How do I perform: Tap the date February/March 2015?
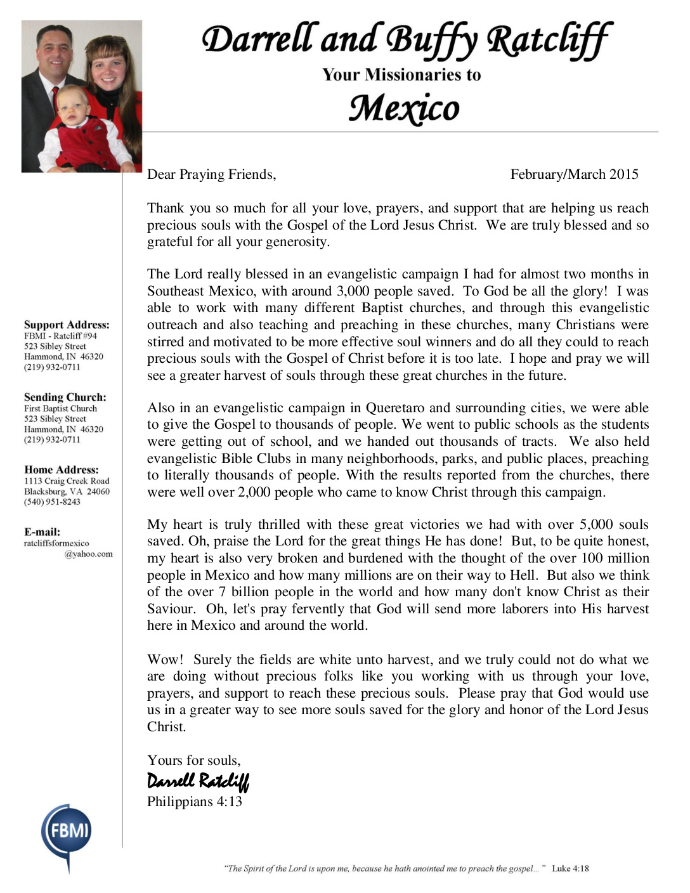point(574,174)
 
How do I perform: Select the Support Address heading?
point(67,325)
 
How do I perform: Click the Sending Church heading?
point(65,397)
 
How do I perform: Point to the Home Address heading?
point(62,470)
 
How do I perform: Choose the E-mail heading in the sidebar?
point(42,532)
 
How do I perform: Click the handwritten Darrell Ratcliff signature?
point(198,781)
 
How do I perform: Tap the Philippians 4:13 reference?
point(195,802)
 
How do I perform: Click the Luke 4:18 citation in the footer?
point(570,868)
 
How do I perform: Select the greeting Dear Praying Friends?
point(212,174)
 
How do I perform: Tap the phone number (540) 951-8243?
point(52,502)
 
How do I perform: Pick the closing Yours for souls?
point(194,760)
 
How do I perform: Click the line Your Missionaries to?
point(401,75)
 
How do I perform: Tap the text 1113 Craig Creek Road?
point(67,481)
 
